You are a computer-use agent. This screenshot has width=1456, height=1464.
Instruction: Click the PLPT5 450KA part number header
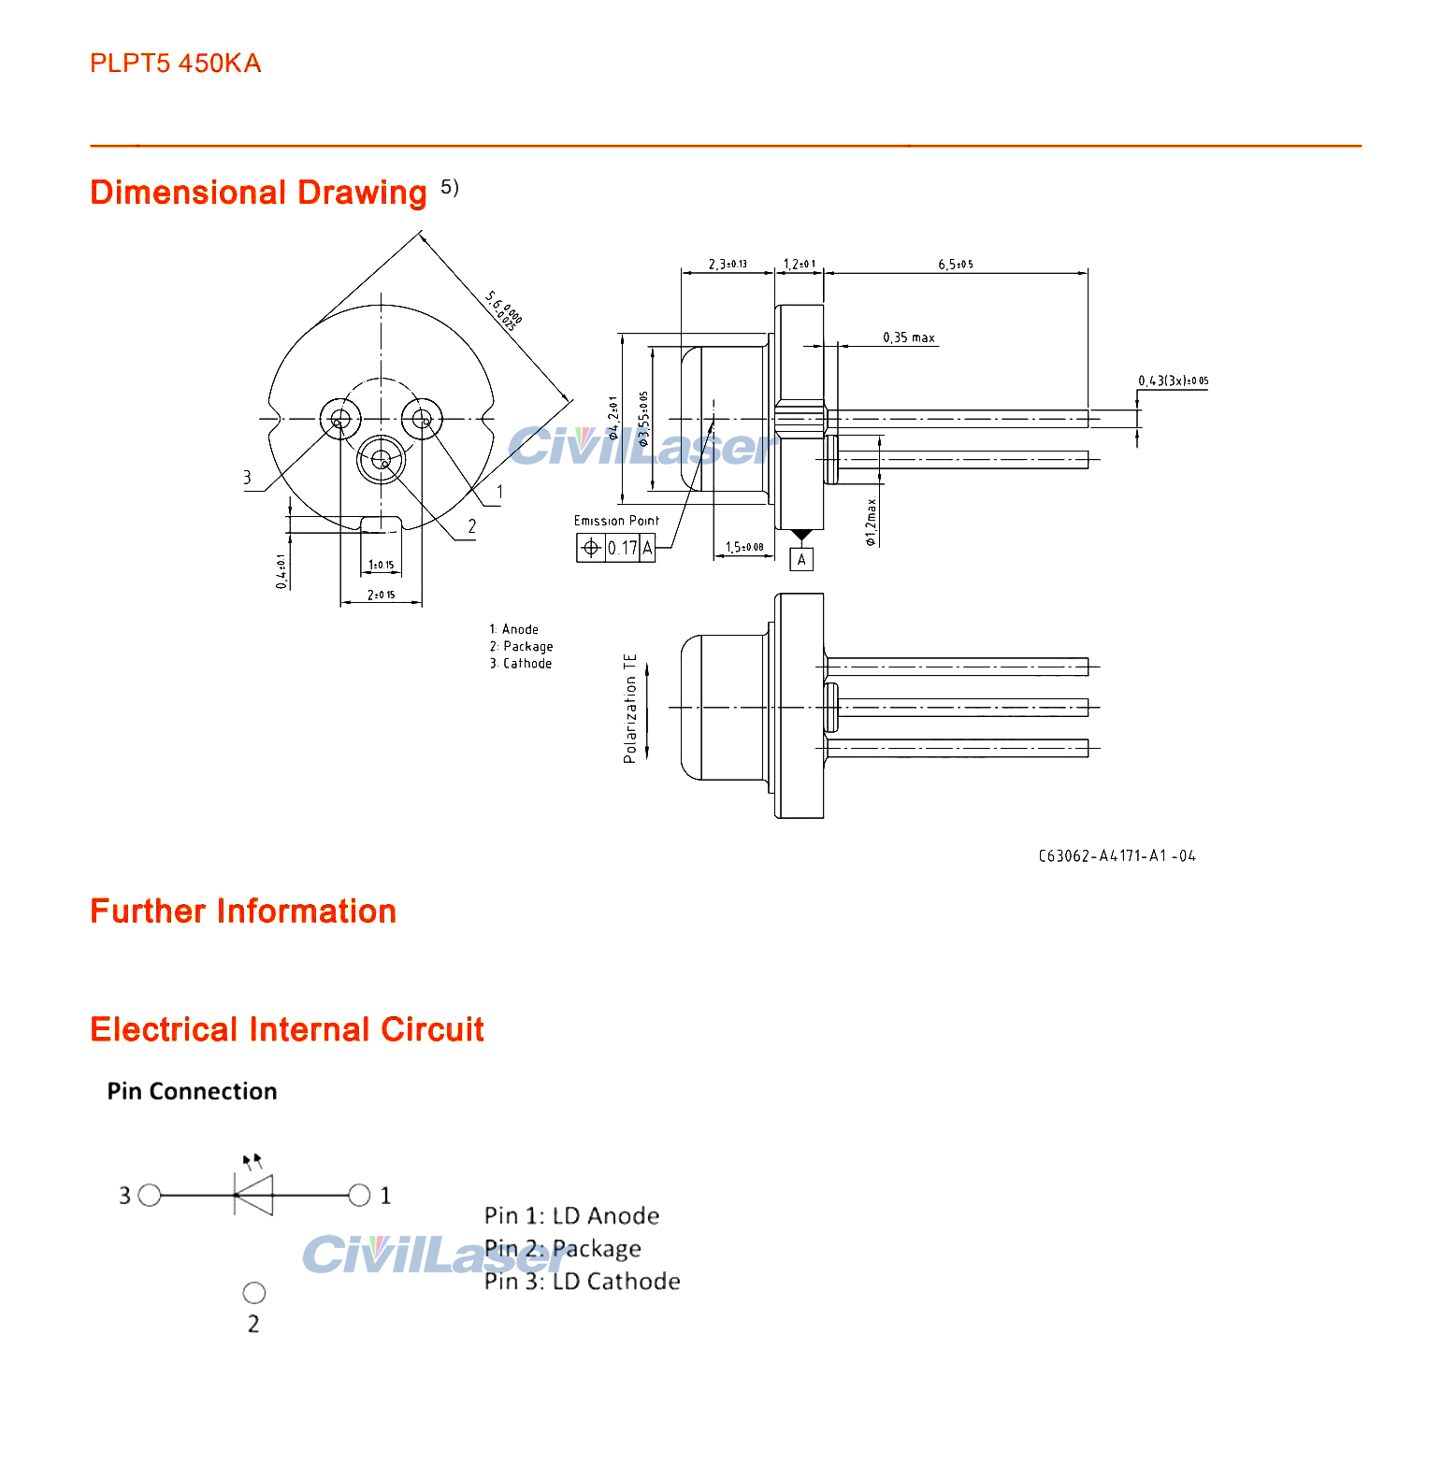pos(175,64)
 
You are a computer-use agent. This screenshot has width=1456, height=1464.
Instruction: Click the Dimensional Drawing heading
pos(258,193)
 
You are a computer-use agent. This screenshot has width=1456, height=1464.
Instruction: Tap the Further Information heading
pos(243,911)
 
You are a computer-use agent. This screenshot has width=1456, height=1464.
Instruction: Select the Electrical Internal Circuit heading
pos(287,1029)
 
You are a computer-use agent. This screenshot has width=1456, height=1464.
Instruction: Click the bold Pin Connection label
pos(192,1091)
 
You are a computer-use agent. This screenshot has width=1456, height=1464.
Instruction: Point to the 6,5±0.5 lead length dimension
pos(955,265)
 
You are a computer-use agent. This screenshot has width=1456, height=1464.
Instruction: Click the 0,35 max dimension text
pos(908,337)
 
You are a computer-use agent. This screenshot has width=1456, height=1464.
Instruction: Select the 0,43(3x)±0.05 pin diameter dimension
pos(1173,380)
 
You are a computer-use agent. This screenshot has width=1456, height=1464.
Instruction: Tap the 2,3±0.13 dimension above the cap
pos(728,265)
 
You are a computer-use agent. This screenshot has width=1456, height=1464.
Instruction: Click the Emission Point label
pos(616,521)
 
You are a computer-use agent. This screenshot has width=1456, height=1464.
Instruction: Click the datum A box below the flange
pos(801,559)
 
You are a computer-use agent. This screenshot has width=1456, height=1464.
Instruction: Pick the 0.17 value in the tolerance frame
pos(623,549)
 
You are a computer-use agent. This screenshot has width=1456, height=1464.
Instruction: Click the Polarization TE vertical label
pos(630,708)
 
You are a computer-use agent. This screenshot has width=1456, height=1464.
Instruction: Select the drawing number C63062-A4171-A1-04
pos(1117,856)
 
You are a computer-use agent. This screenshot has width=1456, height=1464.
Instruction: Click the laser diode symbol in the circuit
pos(253,1195)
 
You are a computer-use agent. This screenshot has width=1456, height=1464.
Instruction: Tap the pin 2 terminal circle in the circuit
pos(254,1293)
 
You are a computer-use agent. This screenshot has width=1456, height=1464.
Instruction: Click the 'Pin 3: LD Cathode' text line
pos(582,1282)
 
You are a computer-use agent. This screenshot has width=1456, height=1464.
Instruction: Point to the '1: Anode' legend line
pos(514,629)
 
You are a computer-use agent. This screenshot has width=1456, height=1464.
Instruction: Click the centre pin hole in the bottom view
pos(381,459)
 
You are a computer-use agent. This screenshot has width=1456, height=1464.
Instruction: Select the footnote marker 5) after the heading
pos(450,187)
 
